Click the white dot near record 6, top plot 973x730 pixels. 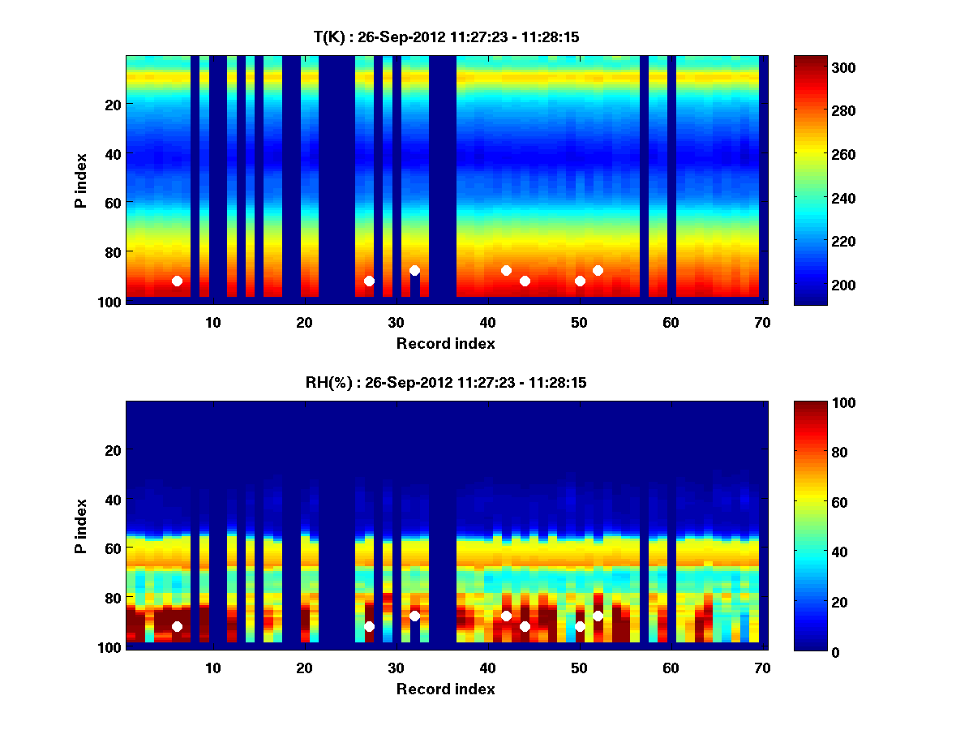coord(177,281)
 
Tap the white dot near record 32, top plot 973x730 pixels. coord(415,270)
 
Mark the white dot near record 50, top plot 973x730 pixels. coord(580,281)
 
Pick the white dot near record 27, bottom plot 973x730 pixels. coord(369,626)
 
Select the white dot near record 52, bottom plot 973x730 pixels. coord(598,616)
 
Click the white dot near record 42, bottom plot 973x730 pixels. coord(507,616)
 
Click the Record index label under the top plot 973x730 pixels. coord(445,343)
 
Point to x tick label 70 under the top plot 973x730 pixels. coord(763,322)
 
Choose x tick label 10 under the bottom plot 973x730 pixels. coord(213,668)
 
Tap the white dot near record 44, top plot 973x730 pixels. coord(525,281)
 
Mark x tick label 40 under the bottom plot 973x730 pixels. coord(488,668)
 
